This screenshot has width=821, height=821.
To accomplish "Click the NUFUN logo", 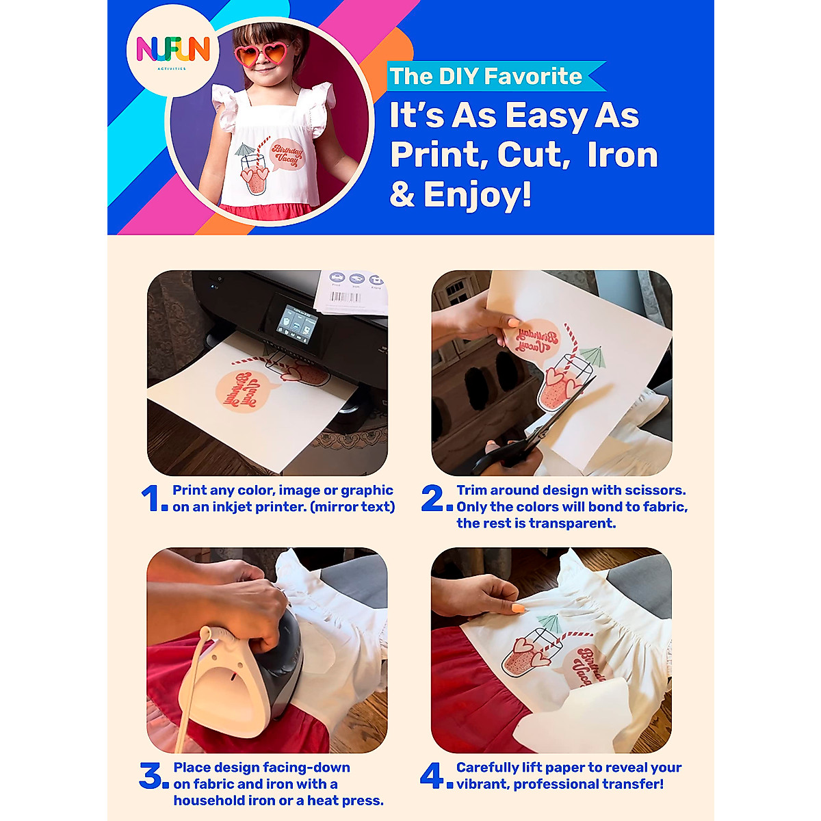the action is [x=173, y=51].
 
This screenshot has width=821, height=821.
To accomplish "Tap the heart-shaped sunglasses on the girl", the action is [x=263, y=54].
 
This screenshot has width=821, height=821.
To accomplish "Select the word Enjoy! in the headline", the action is [x=478, y=194].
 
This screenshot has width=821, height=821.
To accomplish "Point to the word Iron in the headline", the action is [x=623, y=155].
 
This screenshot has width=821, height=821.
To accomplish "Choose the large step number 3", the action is [x=151, y=775].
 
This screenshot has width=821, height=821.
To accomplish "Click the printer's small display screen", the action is [x=297, y=324].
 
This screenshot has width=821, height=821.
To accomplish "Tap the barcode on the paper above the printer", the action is [x=346, y=297].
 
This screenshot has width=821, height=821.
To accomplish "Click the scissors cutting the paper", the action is [x=532, y=430].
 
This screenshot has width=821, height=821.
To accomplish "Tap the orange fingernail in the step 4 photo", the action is [x=518, y=609].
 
